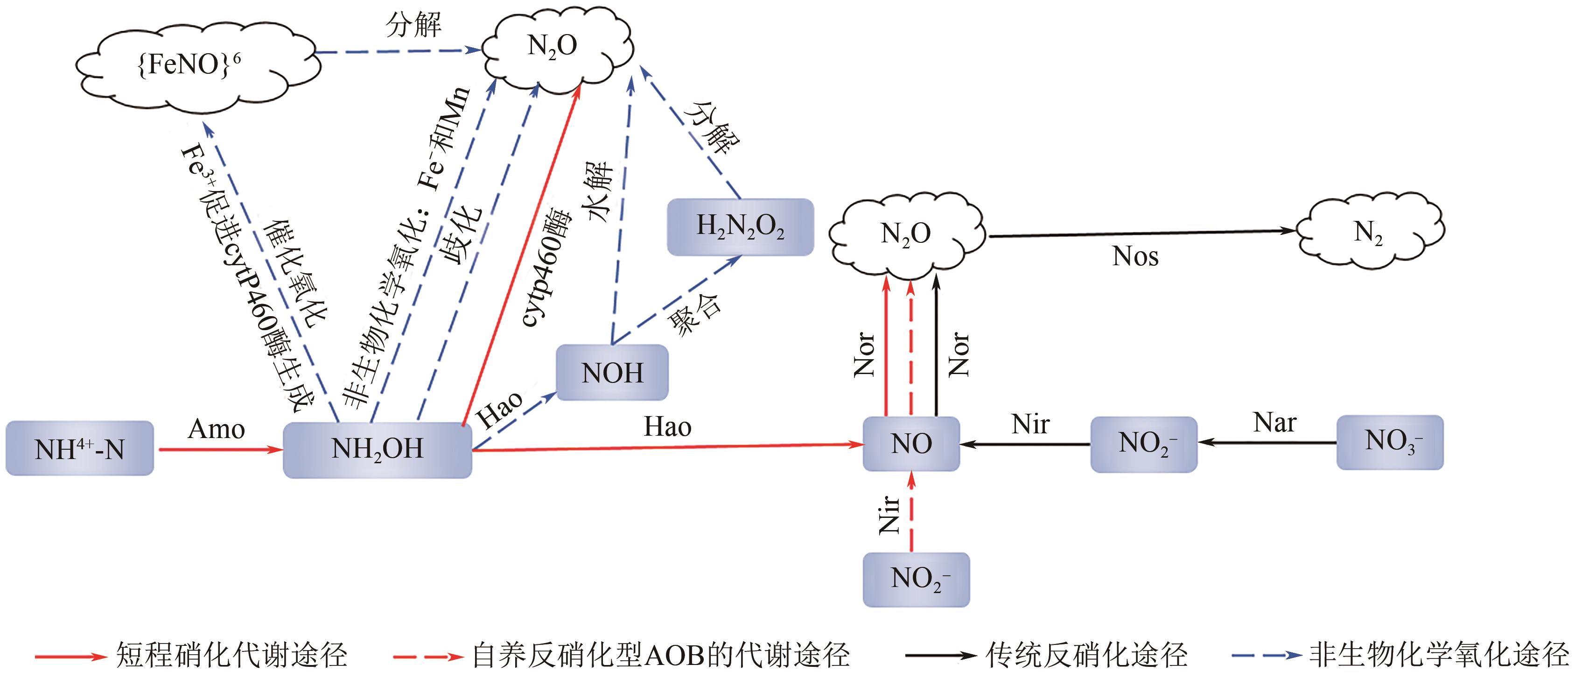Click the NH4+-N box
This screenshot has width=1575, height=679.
79,448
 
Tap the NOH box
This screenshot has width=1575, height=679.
612,373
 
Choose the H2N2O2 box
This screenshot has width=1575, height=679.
740,226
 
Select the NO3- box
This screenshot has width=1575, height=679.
1390,442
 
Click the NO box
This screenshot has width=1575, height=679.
911,444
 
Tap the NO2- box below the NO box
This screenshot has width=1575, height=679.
916,579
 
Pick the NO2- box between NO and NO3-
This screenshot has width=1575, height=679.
1143,444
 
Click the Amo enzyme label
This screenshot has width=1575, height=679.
217,430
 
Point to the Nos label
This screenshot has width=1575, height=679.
1135,257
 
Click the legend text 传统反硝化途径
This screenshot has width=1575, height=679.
1086,655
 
